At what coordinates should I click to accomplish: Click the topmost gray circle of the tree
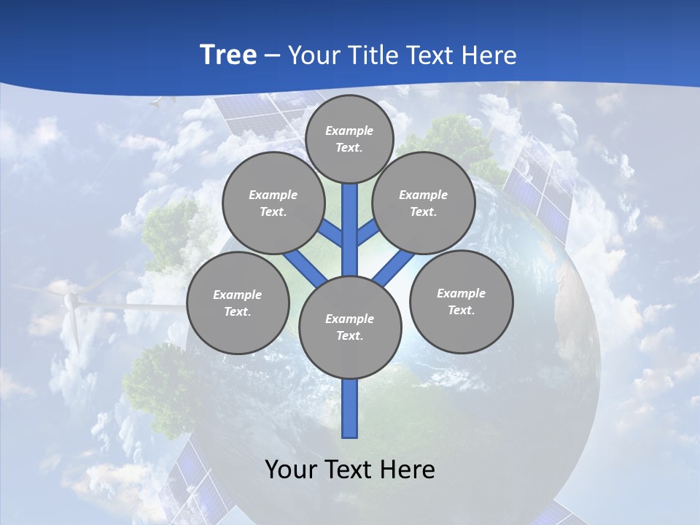click(x=349, y=139)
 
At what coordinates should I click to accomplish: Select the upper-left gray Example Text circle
click(x=273, y=203)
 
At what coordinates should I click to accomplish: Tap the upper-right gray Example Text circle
click(x=424, y=203)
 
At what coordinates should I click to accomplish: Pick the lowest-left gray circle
click(x=238, y=303)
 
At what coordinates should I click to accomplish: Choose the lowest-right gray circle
click(x=461, y=301)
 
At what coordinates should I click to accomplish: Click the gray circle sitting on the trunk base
click(x=350, y=327)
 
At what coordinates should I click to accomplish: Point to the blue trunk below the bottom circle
click(x=350, y=408)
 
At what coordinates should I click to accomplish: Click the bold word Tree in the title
click(x=228, y=55)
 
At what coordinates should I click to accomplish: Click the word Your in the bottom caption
click(x=292, y=470)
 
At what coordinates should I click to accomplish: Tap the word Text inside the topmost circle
click(x=349, y=147)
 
